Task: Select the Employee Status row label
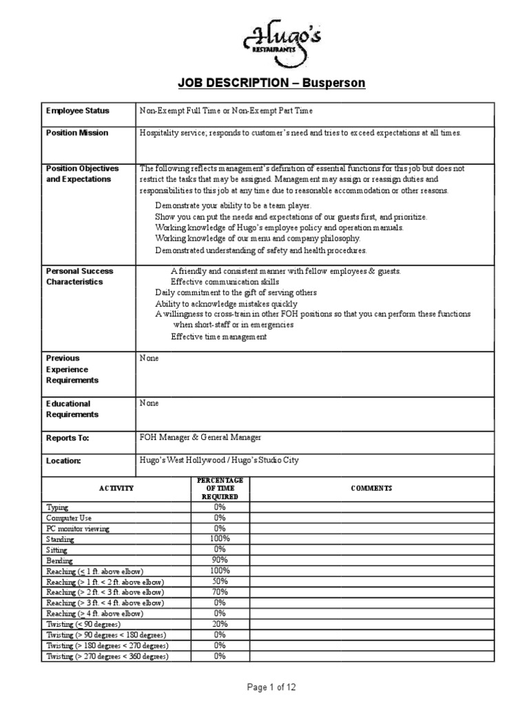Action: pos(77,110)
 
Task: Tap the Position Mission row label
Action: pos(77,132)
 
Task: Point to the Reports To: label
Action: pos(68,438)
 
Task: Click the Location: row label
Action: pos(63,460)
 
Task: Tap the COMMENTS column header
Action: pos(371,488)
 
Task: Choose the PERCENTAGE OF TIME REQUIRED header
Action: pos(220,488)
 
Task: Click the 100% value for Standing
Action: pos(220,538)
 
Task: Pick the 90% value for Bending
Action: pos(220,560)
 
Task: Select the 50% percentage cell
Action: pos(220,581)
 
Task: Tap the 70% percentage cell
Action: pos(220,592)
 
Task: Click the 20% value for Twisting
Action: pos(220,624)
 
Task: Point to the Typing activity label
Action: pos(57,507)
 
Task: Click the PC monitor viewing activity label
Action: pos(78,528)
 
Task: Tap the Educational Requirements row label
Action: pos(72,409)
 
